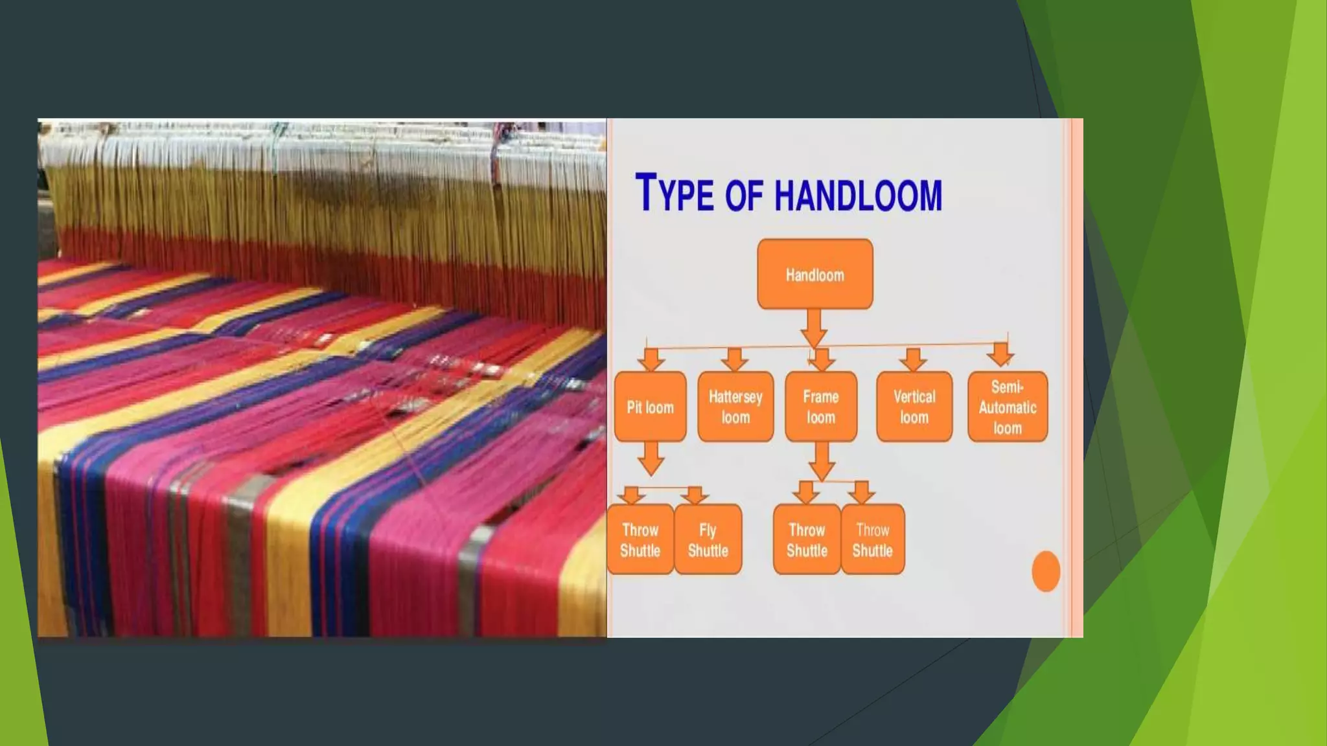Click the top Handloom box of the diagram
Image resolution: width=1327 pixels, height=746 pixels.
click(x=814, y=275)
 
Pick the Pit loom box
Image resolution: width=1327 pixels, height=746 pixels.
click(x=650, y=407)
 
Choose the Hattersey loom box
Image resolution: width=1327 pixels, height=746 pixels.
click(x=735, y=407)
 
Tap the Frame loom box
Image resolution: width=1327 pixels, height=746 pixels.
click(x=821, y=407)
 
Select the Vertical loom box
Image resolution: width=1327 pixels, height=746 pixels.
click(x=914, y=407)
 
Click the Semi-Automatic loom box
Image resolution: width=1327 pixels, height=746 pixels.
click(x=1008, y=407)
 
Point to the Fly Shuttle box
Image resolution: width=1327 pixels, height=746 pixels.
click(x=708, y=539)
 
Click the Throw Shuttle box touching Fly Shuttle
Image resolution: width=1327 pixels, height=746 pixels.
click(x=640, y=539)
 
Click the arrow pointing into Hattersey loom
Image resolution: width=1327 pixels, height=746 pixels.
click(x=734, y=359)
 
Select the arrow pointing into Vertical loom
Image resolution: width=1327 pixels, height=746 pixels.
click(x=914, y=359)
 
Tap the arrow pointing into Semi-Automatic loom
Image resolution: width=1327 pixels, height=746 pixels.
click(x=1001, y=354)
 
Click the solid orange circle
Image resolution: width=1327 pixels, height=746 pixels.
click(x=1045, y=571)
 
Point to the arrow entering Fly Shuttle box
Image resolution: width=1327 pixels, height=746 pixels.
click(x=695, y=495)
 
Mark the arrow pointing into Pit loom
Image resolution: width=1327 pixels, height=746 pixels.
click(x=651, y=359)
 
